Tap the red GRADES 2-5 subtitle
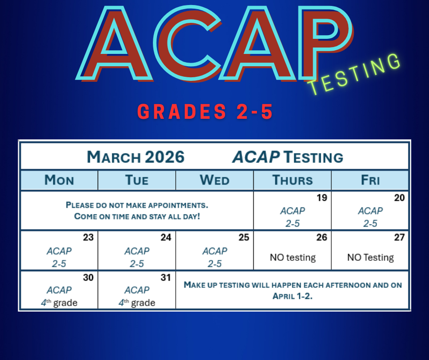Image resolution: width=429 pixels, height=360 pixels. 205,112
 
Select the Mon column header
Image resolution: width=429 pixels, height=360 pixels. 59,180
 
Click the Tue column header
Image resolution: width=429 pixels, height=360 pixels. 137,180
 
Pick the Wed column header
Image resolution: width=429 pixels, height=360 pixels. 214,180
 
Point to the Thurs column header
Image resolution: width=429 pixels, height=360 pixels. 293,180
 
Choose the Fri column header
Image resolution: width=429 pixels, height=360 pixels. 370,180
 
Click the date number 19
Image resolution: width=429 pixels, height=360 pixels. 322,198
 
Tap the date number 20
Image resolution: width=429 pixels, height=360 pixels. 400,198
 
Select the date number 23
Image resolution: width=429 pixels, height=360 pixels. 89,238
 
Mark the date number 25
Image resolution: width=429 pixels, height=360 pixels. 244,238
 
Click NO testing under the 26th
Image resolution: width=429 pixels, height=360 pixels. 293,258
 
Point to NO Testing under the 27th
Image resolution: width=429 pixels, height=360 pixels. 370,258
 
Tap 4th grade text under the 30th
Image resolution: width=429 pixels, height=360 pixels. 59,303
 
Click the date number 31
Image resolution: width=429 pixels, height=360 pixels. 166,277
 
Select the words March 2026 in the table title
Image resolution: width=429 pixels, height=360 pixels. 136,157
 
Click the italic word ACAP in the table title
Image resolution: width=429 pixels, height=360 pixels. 256,157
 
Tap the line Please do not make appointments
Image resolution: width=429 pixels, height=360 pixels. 137,205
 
